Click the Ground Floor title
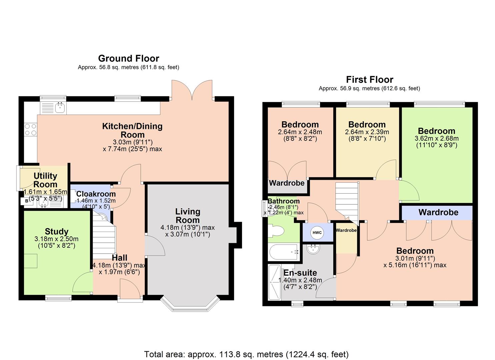click(x=129, y=59)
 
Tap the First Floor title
click(x=369, y=80)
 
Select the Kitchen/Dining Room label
click(x=132, y=130)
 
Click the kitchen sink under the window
click(x=60, y=107)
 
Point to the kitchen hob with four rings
click(x=30, y=129)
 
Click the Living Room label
click(x=188, y=216)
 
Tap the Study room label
click(x=57, y=231)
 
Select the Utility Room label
click(x=45, y=180)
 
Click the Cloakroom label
click(x=96, y=194)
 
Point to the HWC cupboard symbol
click(x=317, y=233)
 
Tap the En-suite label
click(x=300, y=273)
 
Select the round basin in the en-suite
click(x=313, y=249)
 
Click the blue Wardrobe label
click(x=438, y=212)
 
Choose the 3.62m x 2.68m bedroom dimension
click(x=436, y=138)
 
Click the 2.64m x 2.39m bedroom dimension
click(x=367, y=132)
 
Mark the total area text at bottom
click(x=246, y=354)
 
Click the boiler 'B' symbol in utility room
click(x=27, y=201)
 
